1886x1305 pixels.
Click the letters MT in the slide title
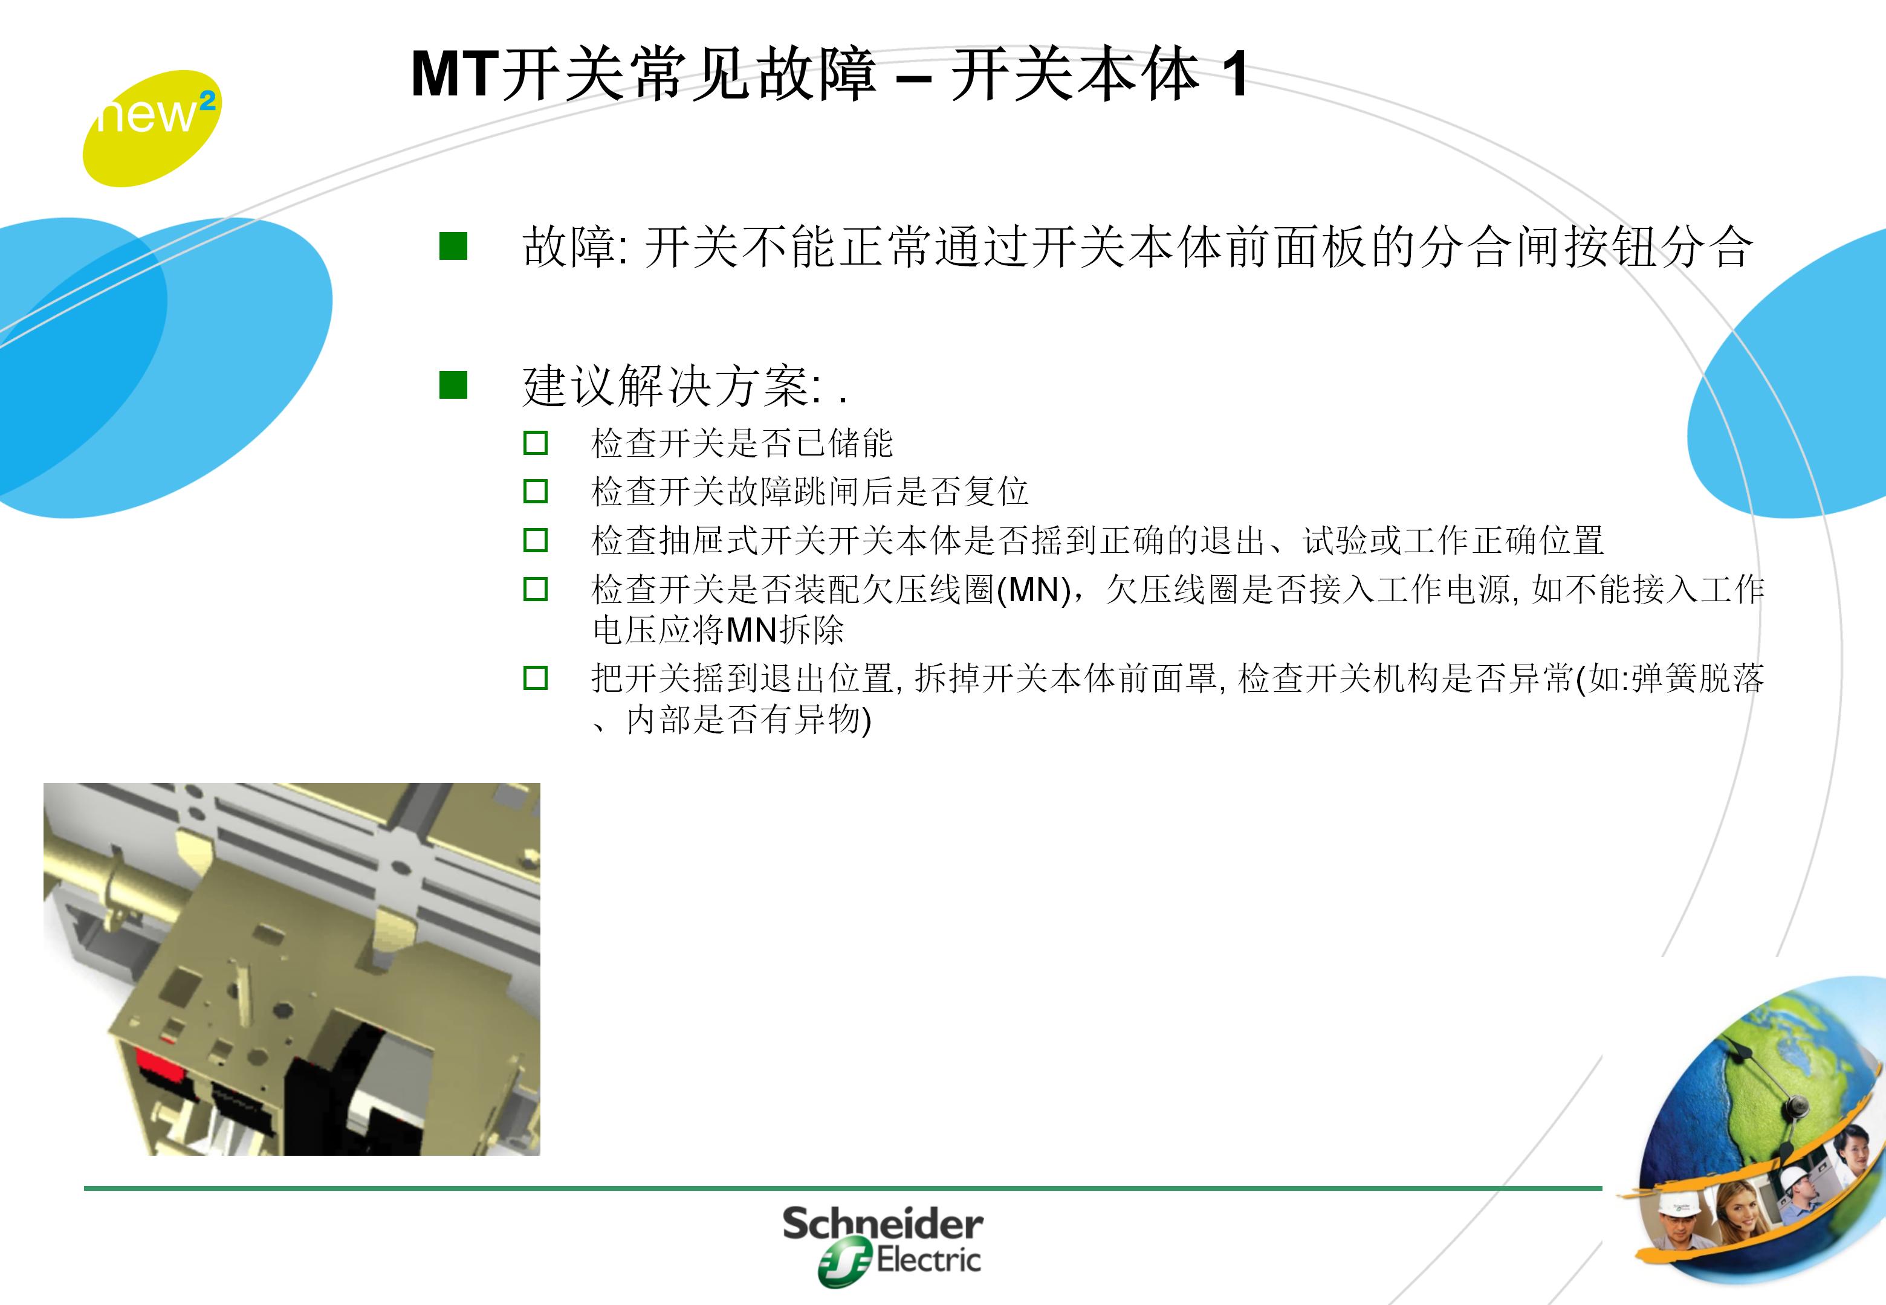click(454, 76)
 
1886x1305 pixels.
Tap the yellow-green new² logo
click(151, 127)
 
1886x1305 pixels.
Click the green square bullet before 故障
click(453, 246)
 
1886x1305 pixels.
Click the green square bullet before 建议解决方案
click(453, 385)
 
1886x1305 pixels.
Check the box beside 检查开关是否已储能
click(535, 443)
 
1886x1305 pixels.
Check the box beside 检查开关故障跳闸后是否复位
click(535, 491)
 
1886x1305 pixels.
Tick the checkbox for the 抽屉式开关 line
click(535, 540)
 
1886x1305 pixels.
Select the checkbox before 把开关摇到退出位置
click(535, 678)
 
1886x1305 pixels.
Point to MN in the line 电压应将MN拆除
click(751, 630)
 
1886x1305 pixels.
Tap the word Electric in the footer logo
click(928, 1260)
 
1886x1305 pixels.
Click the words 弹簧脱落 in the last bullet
click(1697, 678)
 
